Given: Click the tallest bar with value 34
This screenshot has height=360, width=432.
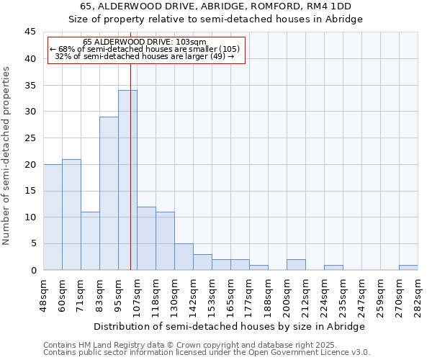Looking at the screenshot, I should pyautogui.click(x=127, y=180).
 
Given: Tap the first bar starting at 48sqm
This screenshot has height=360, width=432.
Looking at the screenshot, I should pyautogui.click(x=53, y=217).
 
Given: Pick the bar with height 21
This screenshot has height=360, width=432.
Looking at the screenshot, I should pyautogui.click(x=71, y=215).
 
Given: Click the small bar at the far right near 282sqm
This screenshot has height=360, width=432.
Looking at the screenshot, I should pyautogui.click(x=408, y=267).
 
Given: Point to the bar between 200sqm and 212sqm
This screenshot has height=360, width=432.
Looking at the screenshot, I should pyautogui.click(x=296, y=265).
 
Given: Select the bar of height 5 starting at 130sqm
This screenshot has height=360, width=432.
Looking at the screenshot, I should pyautogui.click(x=184, y=257).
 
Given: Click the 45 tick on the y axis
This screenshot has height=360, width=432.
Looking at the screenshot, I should pyautogui.click(x=30, y=32).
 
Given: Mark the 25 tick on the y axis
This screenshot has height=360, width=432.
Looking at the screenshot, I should pyautogui.click(x=30, y=138).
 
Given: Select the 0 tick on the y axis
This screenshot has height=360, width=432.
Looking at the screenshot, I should pyautogui.click(x=33, y=270).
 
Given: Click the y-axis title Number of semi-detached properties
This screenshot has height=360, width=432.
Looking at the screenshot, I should pyautogui.click(x=7, y=156).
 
